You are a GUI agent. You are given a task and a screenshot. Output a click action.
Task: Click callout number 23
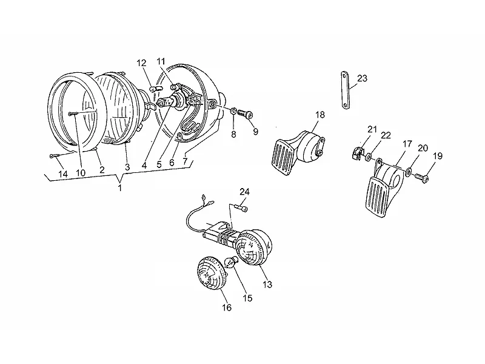pyautogui.click(x=362, y=78)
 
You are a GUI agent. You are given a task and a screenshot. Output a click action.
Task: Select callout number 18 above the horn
pyautogui.click(x=320, y=115)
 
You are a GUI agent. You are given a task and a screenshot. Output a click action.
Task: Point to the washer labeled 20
pyautogui.click(x=409, y=172)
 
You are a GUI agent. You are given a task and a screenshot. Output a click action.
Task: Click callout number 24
pyautogui.click(x=244, y=192)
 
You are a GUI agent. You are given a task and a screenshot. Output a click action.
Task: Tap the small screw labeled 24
pyautogui.click(x=241, y=208)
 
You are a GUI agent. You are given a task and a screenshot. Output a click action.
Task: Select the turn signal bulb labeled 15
pyautogui.click(x=232, y=263)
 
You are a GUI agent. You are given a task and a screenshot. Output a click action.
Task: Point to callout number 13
pyautogui.click(x=267, y=284)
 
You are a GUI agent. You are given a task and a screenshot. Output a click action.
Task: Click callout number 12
pyautogui.click(x=141, y=63)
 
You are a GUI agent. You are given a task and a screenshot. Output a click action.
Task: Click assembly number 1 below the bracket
pyautogui.click(x=119, y=187)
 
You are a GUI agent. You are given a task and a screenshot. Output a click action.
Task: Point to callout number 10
pyautogui.click(x=81, y=173)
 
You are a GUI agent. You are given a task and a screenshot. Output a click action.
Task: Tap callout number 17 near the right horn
pyautogui.click(x=407, y=144)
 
